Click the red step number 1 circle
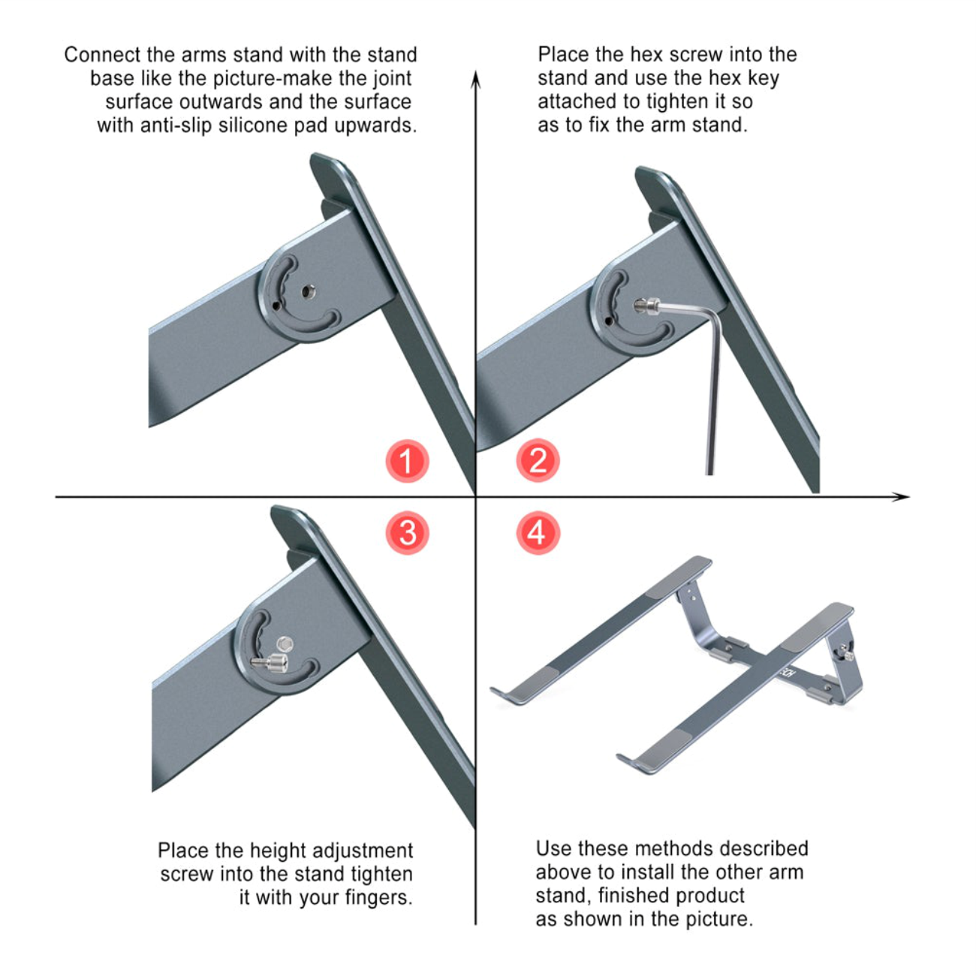(x=407, y=461)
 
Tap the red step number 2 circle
(x=538, y=460)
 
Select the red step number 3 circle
(x=407, y=533)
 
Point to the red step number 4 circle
(x=538, y=533)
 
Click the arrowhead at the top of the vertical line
(x=475, y=79)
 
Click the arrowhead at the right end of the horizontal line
(x=900, y=496)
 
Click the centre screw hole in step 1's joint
(x=308, y=292)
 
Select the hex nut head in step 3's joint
(x=285, y=644)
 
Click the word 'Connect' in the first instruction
(x=102, y=55)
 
